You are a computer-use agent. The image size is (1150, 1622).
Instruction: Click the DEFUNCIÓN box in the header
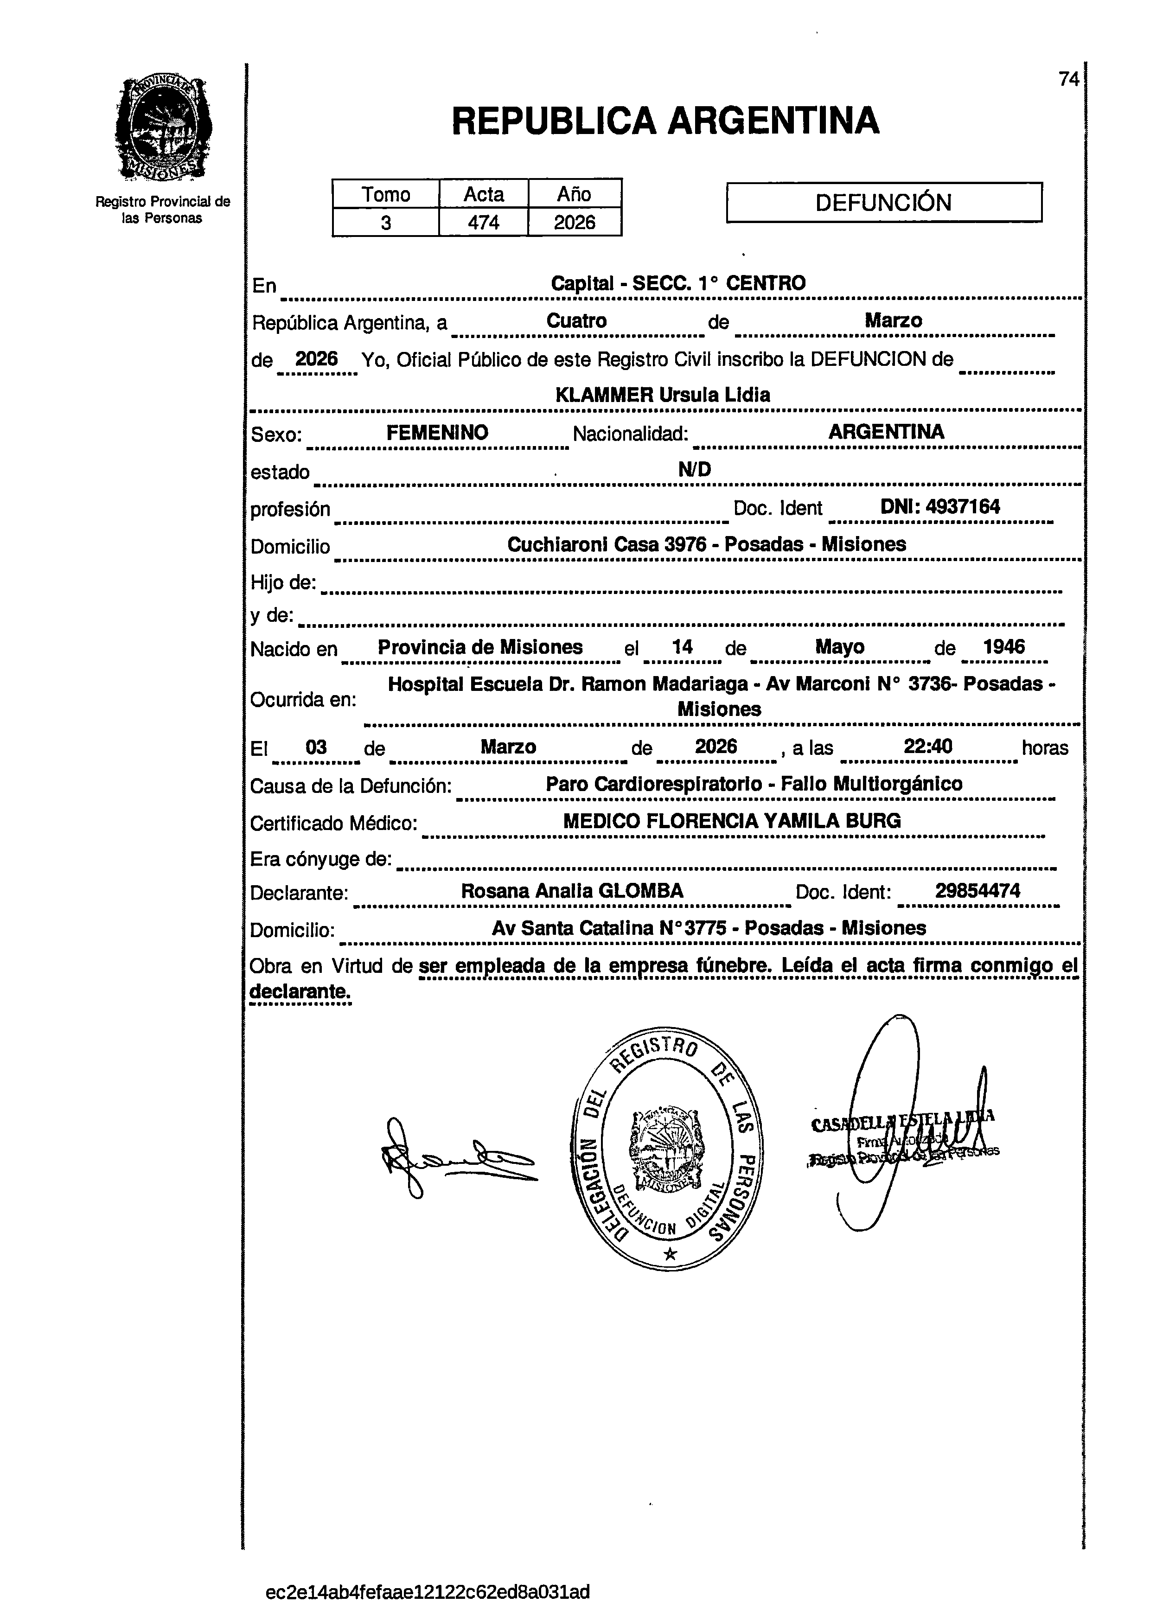click(884, 203)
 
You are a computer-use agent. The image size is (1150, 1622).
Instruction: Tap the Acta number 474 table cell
click(484, 222)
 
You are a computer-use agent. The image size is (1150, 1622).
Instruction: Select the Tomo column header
click(386, 194)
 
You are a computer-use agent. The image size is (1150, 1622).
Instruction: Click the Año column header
click(574, 194)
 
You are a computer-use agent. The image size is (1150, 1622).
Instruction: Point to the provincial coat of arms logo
click(163, 129)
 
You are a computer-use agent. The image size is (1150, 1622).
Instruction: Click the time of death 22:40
click(927, 746)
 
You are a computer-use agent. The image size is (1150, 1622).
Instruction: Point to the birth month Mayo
click(839, 646)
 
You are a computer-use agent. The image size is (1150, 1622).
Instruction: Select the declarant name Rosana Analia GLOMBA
click(572, 891)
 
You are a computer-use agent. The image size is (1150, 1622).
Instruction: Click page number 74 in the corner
click(1068, 79)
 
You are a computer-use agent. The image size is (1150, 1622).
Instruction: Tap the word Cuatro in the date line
click(576, 321)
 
